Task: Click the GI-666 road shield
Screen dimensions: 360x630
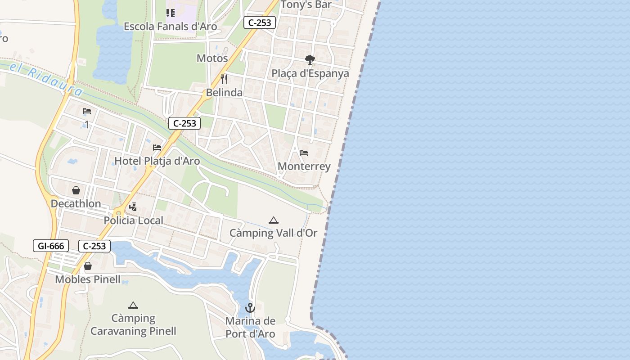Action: pos(51,246)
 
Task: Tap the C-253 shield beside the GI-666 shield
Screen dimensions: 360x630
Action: pos(94,246)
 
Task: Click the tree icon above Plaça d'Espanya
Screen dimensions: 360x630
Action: pos(310,59)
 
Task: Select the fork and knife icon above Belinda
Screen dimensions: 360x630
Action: pos(224,79)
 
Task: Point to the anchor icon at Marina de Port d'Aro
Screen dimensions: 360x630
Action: pos(250,308)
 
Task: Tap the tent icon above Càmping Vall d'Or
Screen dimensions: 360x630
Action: pos(273,220)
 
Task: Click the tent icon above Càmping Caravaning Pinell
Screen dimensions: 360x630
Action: pos(133,305)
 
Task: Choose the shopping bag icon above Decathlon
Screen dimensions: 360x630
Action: pos(76,190)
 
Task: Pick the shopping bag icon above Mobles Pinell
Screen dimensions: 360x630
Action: pos(88,266)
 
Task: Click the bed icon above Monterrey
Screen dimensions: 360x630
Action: pos(304,153)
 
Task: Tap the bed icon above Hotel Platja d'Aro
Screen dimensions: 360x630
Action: pos(157,147)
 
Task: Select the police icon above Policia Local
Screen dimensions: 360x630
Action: pos(133,207)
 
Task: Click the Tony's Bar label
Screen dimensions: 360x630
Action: pos(306,5)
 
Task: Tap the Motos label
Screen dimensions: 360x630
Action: pos(212,58)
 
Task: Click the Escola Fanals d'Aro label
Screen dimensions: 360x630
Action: pos(170,27)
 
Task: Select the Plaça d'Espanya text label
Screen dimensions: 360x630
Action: pos(310,73)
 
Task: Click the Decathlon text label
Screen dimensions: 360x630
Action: pos(76,203)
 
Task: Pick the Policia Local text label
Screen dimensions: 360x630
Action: pos(133,220)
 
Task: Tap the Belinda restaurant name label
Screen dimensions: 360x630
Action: pos(224,93)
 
